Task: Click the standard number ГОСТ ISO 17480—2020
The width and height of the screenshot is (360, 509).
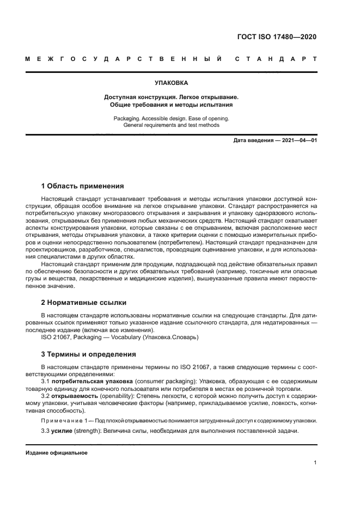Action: coord(277,37)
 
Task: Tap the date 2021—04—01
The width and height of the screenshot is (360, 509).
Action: coord(298,140)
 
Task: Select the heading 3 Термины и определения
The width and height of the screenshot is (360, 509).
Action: coord(89,354)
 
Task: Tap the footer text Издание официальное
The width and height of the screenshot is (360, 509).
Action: coord(57,452)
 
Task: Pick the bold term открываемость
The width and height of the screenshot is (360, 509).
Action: coord(74,396)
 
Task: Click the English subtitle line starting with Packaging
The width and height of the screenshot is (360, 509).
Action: coord(171,118)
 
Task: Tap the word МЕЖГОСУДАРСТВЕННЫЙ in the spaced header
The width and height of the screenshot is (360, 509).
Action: coord(123,58)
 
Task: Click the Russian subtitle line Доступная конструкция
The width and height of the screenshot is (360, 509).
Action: coord(171,97)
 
